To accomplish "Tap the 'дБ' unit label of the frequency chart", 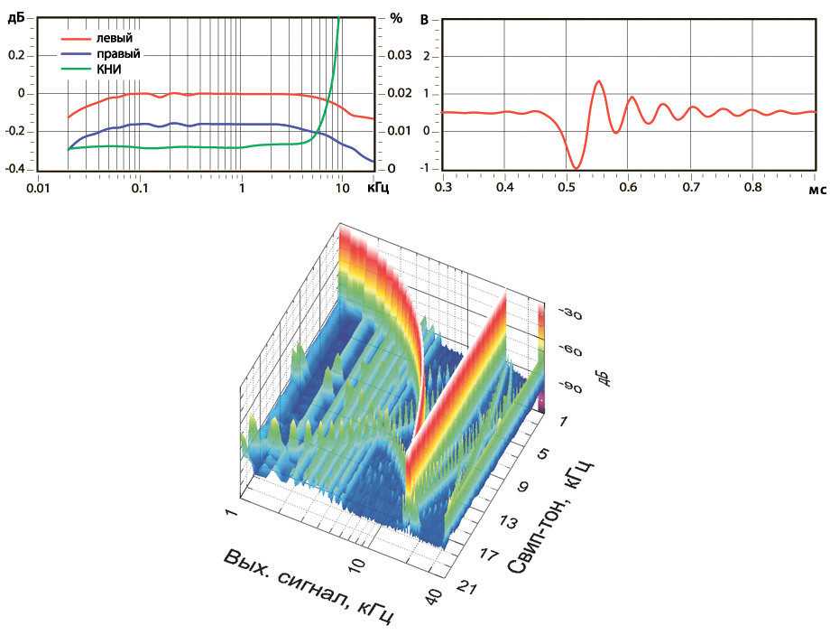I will coord(15,17).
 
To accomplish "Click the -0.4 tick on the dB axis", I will coord(16,170).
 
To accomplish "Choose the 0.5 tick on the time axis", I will coord(567,188).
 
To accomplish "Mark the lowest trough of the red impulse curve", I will coord(575,167).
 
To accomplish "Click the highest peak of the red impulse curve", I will coord(598,81).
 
